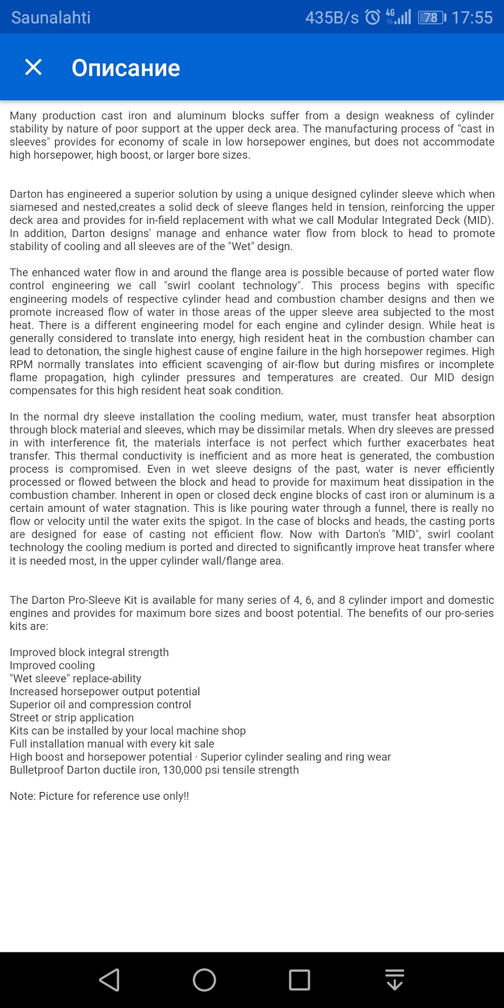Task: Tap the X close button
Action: point(34,67)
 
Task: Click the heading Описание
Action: point(125,68)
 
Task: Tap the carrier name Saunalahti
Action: point(51,17)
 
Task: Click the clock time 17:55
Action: point(472,17)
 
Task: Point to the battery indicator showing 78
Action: point(432,17)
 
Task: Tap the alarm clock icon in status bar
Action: point(373,17)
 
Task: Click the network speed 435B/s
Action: point(332,17)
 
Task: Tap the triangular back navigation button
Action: point(110,980)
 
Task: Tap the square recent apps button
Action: point(299,980)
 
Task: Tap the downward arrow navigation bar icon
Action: point(394,980)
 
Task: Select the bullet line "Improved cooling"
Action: point(52,665)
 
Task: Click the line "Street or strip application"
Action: point(72,718)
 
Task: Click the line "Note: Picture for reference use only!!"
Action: point(99,796)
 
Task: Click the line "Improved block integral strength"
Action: point(89,652)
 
